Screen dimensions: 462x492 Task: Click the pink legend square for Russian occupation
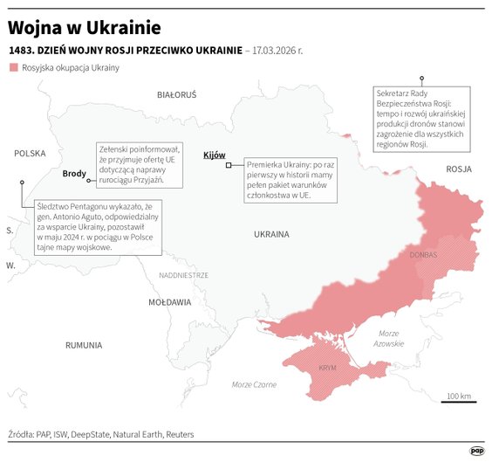click(x=12, y=68)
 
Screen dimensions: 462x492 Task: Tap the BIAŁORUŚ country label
click(x=177, y=94)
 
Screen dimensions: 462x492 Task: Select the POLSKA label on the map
click(x=30, y=153)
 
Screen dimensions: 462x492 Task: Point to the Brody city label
click(x=75, y=174)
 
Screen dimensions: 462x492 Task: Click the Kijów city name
click(x=214, y=155)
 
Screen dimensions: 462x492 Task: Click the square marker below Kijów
click(x=229, y=165)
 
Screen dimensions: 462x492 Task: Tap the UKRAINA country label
click(x=271, y=235)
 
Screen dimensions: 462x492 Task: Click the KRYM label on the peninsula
click(x=327, y=369)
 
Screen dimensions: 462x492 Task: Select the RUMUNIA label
click(x=84, y=345)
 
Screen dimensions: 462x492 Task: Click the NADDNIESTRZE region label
click(x=183, y=274)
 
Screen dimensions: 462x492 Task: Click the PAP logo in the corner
click(x=476, y=451)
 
